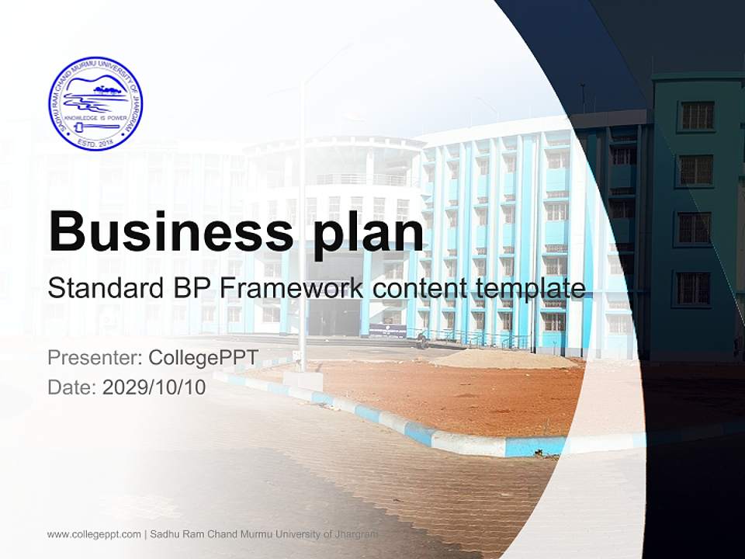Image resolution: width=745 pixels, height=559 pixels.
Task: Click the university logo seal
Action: coord(95,103)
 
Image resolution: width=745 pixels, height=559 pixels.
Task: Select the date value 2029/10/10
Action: coord(154,387)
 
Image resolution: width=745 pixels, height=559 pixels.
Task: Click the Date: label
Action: coord(72,387)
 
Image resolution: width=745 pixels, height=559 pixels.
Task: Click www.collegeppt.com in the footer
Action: coord(94,534)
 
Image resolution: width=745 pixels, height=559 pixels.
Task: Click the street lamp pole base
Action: coord(303,380)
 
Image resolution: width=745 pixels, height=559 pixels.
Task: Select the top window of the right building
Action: coord(696,116)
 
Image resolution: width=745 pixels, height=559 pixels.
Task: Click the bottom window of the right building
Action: coord(693,289)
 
